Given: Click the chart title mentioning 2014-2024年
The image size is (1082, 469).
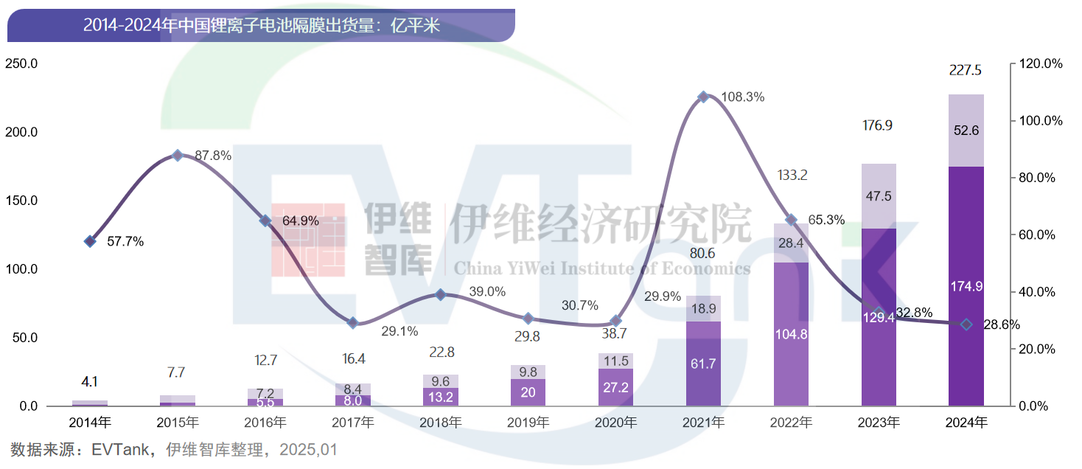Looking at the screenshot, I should click(x=261, y=26).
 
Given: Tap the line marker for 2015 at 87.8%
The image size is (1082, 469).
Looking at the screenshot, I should click(x=177, y=156).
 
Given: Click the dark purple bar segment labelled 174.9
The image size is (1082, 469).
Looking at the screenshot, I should click(x=966, y=286).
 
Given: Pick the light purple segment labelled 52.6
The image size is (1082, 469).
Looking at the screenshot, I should click(x=966, y=131).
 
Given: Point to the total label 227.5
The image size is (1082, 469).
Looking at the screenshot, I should click(x=966, y=71).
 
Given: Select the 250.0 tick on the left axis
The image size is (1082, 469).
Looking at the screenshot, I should click(x=21, y=64).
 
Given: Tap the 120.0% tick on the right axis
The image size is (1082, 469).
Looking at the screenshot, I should click(x=1040, y=64).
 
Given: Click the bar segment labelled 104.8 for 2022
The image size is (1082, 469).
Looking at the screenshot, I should click(x=791, y=334).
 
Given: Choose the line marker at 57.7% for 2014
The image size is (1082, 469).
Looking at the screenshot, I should click(x=90, y=241).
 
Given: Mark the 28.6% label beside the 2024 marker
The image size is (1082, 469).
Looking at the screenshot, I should click(x=1001, y=324).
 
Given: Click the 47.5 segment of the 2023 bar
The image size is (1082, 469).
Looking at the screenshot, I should click(x=878, y=196).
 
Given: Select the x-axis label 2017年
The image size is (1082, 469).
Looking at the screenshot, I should click(x=352, y=423).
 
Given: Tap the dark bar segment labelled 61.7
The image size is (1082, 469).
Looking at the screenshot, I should click(x=703, y=364).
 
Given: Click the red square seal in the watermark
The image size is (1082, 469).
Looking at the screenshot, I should click(x=308, y=240).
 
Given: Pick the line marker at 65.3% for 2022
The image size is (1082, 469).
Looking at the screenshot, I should click(x=791, y=220).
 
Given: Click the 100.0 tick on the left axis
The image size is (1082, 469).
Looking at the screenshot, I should click(x=21, y=269).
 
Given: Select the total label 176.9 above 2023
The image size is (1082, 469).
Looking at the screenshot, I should click(x=877, y=126).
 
